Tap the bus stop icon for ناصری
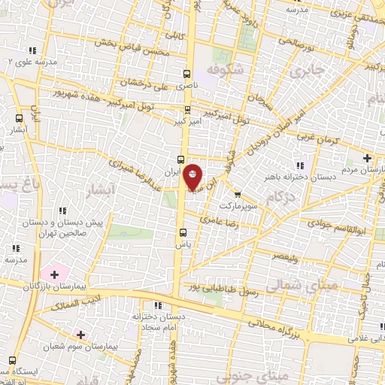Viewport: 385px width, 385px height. point(186,74)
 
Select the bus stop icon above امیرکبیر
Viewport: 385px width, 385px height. point(186,107)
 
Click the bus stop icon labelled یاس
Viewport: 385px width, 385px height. point(181,232)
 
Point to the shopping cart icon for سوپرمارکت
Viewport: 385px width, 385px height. point(238,193)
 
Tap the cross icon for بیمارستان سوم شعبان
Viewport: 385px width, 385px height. point(80,334)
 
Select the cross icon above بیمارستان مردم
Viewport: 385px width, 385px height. point(367,158)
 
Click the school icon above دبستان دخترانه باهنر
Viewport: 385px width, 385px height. point(300,165)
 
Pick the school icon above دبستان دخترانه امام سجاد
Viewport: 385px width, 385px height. point(157,305)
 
